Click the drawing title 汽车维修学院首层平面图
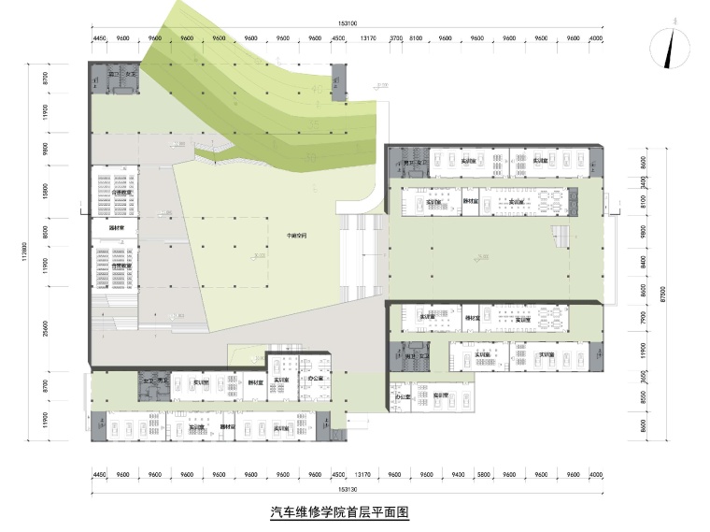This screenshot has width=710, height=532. point(339,512)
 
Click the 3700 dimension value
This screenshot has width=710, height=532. point(395,39)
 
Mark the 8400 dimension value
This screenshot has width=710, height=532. point(643,264)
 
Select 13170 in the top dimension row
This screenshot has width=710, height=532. point(368,39)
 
